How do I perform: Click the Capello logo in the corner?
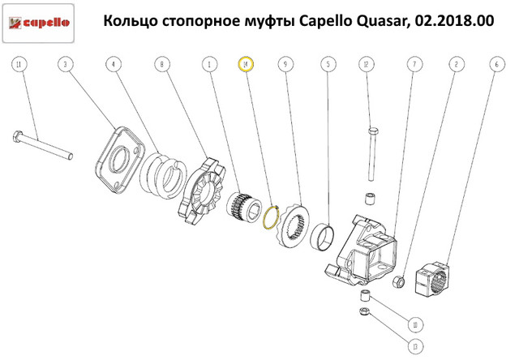pos(38,23)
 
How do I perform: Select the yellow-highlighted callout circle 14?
pos(246,64)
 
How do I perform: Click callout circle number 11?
pos(19,64)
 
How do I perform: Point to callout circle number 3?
pos(65,64)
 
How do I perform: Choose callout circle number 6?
pos(497,64)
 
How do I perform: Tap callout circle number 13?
pos(415,346)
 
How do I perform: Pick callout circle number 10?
pos(415,324)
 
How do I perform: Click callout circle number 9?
pos(285,64)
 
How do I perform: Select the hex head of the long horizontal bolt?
pos(18,136)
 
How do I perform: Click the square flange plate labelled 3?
pos(120,160)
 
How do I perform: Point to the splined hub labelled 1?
pos(244,208)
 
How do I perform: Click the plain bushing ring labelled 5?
pos(323,236)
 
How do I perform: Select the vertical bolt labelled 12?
pos(372,154)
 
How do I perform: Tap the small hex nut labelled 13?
pos(364,311)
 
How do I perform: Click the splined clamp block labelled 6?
pos(432,277)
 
